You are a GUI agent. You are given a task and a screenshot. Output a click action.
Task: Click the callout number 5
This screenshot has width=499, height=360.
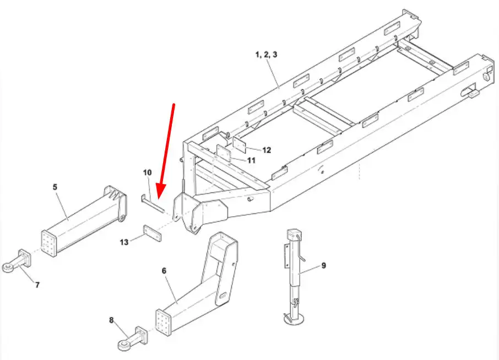[x=55, y=187]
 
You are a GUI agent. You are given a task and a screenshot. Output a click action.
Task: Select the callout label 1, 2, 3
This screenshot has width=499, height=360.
[x=267, y=55]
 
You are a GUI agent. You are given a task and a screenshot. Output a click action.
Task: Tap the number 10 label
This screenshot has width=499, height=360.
[x=148, y=173]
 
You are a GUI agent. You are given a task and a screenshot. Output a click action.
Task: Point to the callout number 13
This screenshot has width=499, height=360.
[x=124, y=242]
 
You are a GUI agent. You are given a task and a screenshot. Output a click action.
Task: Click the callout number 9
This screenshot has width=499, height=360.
[x=324, y=265]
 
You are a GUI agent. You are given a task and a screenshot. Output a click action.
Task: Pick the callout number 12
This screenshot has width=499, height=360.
[x=267, y=150]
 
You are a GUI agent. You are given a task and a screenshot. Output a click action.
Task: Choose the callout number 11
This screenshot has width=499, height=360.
[x=251, y=160]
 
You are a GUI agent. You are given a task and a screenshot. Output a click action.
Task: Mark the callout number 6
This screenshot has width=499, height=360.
[x=164, y=271]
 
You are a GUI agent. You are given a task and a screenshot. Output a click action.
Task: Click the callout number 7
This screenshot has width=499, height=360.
[x=37, y=285]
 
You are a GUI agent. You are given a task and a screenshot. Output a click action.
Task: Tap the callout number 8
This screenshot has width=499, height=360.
[x=111, y=320]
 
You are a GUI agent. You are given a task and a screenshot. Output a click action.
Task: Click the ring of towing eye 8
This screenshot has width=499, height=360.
[x=123, y=345]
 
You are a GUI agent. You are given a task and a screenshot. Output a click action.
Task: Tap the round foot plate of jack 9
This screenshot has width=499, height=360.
[x=294, y=319]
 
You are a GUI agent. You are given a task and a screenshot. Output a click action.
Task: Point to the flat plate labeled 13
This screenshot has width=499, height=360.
[x=152, y=233]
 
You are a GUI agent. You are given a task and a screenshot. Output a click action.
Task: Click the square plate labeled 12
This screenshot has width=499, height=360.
[x=240, y=144]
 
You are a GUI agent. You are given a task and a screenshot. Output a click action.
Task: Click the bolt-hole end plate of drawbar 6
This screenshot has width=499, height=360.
[x=163, y=322]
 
